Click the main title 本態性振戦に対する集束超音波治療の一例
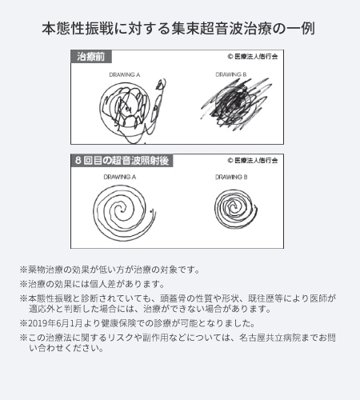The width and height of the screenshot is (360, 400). pyautogui.click(x=178, y=29)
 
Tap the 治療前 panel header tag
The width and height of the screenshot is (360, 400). pyautogui.click(x=91, y=57)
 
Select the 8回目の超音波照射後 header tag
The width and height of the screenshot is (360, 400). pyautogui.click(x=122, y=161)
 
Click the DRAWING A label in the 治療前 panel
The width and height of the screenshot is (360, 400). pyautogui.click(x=125, y=74)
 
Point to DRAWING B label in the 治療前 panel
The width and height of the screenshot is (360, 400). pyautogui.click(x=231, y=74)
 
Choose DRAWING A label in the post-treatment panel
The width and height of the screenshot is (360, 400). pyautogui.click(x=120, y=177)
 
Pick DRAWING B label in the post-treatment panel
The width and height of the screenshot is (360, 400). pyautogui.click(x=231, y=177)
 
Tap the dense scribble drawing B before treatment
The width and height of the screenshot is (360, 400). pyautogui.click(x=236, y=102)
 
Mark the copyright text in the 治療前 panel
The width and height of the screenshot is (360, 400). pyautogui.click(x=253, y=57)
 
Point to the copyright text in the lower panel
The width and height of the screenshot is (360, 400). pyautogui.click(x=253, y=160)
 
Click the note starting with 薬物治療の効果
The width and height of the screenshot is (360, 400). pyautogui.click(x=110, y=270)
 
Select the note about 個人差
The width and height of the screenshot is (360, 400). pyautogui.click(x=92, y=284)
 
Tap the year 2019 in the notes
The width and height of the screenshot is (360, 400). pyautogui.click(x=38, y=323)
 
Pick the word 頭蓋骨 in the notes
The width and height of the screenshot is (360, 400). pyautogui.click(x=173, y=298)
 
